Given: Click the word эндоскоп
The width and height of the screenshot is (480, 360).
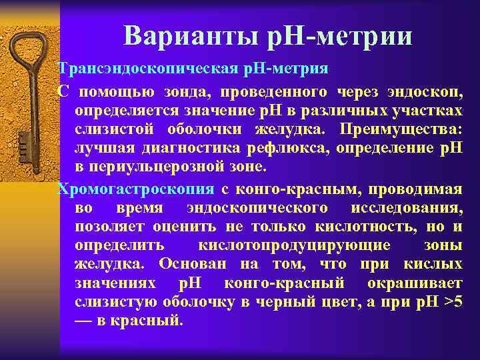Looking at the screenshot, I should [x=427, y=91].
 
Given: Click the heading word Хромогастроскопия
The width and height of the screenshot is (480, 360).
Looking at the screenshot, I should [x=137, y=189].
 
